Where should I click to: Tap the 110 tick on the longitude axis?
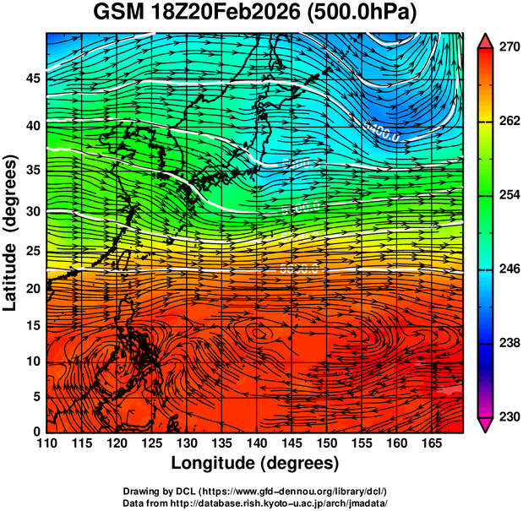(46, 443)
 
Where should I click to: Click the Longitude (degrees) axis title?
(255, 463)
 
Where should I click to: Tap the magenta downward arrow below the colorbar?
(486, 425)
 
